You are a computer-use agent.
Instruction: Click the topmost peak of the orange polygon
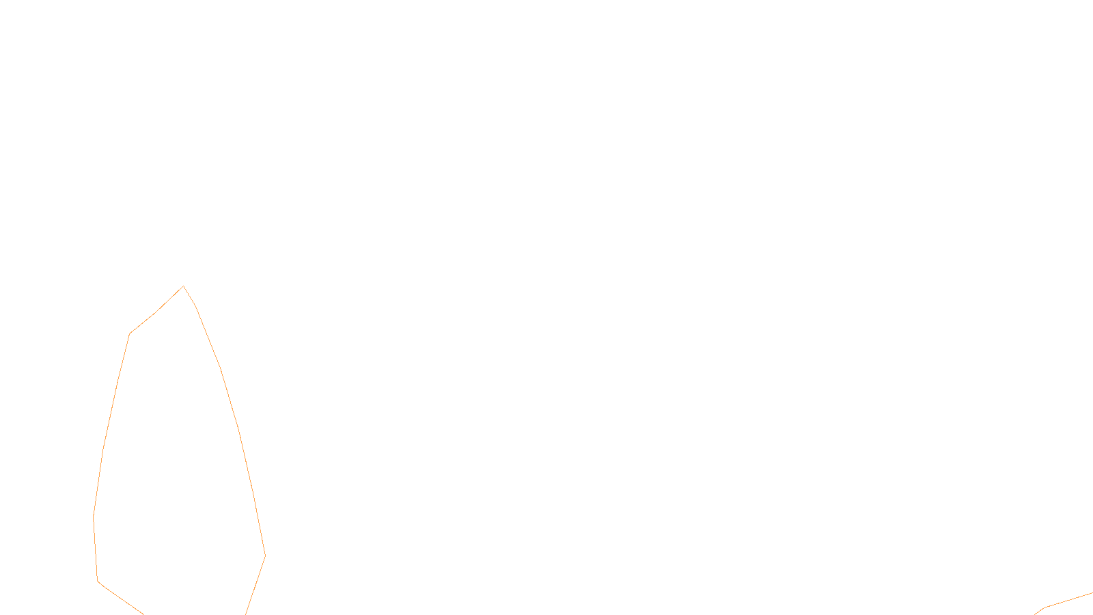[x=183, y=286]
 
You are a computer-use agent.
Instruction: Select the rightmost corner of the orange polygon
[x=265, y=555]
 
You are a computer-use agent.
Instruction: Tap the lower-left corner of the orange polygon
[x=98, y=582]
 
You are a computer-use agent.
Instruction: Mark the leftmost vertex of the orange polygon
[x=94, y=517]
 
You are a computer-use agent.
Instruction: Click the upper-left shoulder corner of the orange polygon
[x=130, y=333]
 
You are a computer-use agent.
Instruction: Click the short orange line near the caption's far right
[x=1066, y=601]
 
